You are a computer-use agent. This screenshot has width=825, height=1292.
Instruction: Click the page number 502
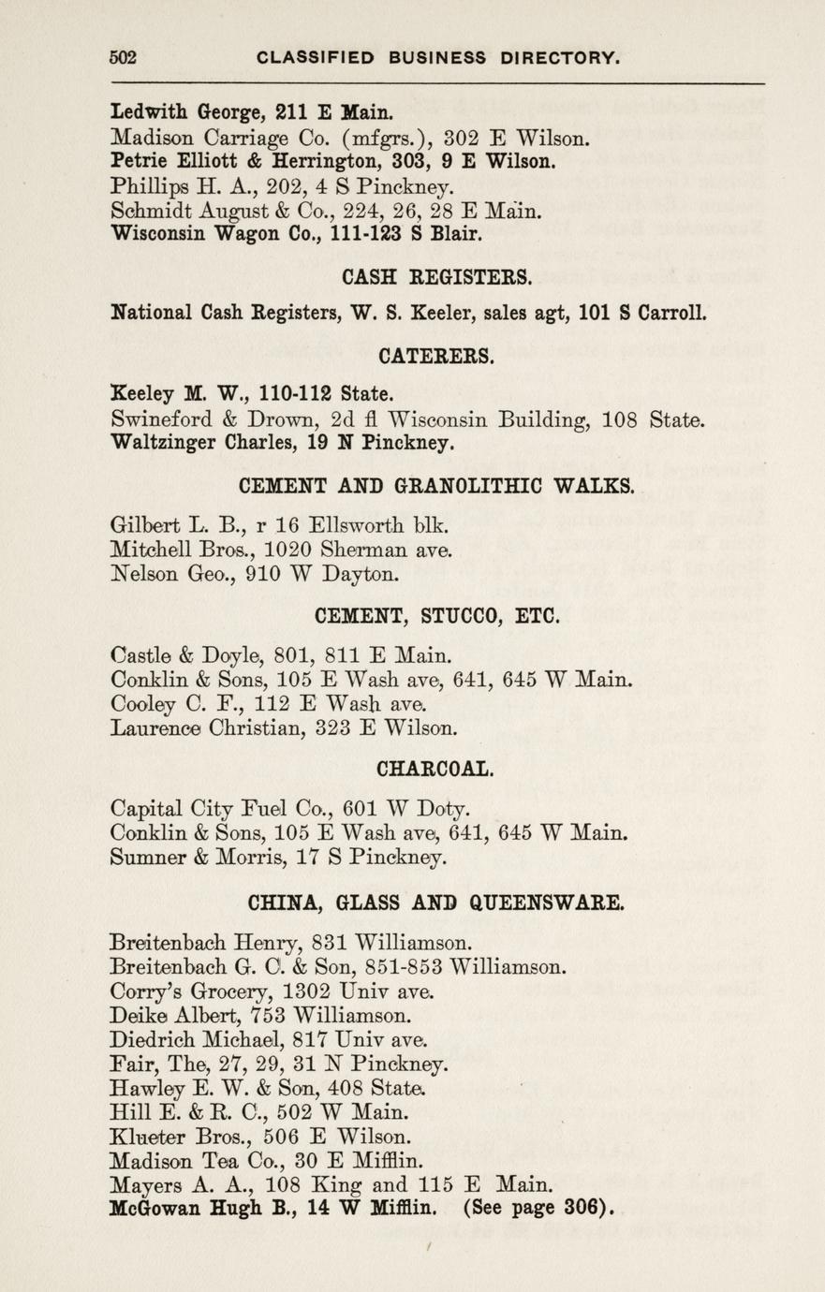(124, 58)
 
